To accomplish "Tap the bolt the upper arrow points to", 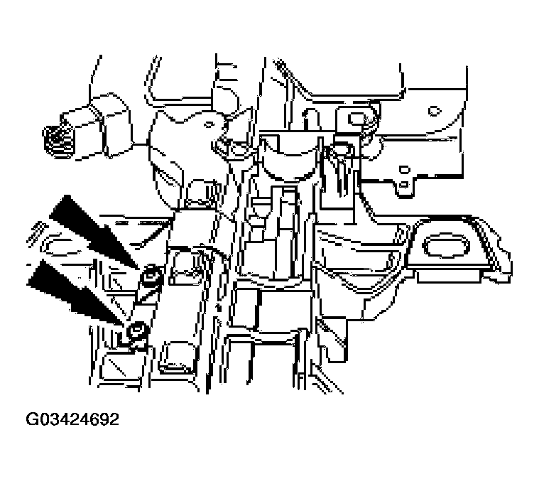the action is coord(149,277).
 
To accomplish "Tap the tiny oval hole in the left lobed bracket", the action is coord(209,124).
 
